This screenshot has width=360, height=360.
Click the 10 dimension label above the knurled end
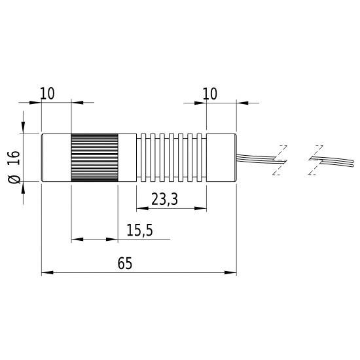47,94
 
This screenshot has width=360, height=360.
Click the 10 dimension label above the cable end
209,94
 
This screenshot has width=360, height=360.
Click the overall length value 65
126,263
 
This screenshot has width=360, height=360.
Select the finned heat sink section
171,157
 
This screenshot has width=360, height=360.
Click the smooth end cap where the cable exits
221,157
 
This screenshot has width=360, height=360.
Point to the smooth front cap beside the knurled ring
56,157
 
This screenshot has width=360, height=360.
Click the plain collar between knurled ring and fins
127,157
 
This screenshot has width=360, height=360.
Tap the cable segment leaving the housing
255,157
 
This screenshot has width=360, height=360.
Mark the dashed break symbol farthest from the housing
315,159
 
